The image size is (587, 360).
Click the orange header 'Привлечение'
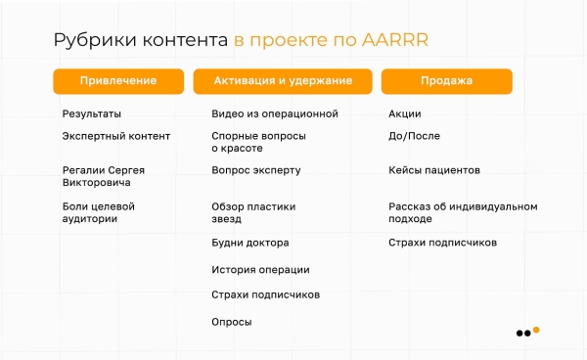(118, 81)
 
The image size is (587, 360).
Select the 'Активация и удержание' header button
(283, 81)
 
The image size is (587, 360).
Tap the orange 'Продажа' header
(446, 81)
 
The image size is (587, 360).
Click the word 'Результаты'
(92, 113)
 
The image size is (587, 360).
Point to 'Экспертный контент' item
(115, 136)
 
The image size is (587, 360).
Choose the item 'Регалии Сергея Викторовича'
(103, 176)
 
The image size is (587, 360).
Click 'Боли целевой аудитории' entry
(98, 212)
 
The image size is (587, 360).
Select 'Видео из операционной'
(274, 113)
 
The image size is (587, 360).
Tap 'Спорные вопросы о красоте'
(258, 142)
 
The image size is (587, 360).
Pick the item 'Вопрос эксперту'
(255, 169)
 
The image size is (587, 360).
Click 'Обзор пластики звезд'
(253, 212)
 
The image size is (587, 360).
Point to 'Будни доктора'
(249, 243)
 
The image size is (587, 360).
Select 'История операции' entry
(260, 269)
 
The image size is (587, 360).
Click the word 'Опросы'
(231, 321)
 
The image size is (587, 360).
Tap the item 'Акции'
(404, 113)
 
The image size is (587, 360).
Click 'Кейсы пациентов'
(433, 169)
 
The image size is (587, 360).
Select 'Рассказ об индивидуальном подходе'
(463, 212)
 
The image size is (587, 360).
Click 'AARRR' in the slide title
(395, 40)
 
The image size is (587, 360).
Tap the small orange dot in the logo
(536, 329)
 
